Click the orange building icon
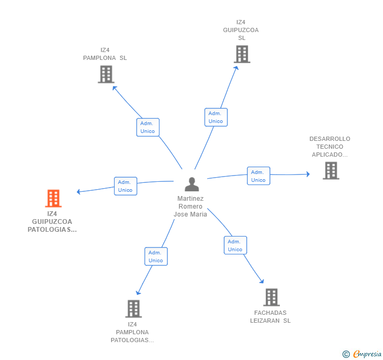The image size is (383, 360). pos(53,198)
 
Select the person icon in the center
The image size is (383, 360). pos(191,184)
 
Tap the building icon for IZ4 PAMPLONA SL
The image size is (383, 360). pos(106,74)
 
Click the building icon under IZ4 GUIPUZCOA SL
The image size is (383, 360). pos(242,54)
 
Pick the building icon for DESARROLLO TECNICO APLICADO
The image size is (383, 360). pos(331,171)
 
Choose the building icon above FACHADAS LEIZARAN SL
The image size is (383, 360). pos(271,297)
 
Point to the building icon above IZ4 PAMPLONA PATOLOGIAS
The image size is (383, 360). pos(134,308)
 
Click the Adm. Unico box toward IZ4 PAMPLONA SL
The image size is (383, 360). pos(148,127)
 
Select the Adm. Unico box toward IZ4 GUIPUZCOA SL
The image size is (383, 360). pos(216,117)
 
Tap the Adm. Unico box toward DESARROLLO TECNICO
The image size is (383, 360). pos(258,176)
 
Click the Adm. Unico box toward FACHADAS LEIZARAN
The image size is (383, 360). pos(235,245)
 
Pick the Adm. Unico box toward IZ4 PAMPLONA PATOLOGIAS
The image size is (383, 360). pos(156,256)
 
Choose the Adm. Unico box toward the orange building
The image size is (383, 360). pos(126,186)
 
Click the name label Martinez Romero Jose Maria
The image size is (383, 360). pos(190,206)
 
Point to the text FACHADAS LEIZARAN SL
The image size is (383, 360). pos(270,316)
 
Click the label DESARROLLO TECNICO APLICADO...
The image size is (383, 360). pos(330,147)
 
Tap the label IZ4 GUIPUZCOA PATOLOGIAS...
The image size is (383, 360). pos(52,221)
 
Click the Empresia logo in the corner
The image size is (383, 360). pos(362,354)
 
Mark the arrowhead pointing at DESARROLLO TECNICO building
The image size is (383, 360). pos(308,174)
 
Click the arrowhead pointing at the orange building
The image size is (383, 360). pos(78,192)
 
